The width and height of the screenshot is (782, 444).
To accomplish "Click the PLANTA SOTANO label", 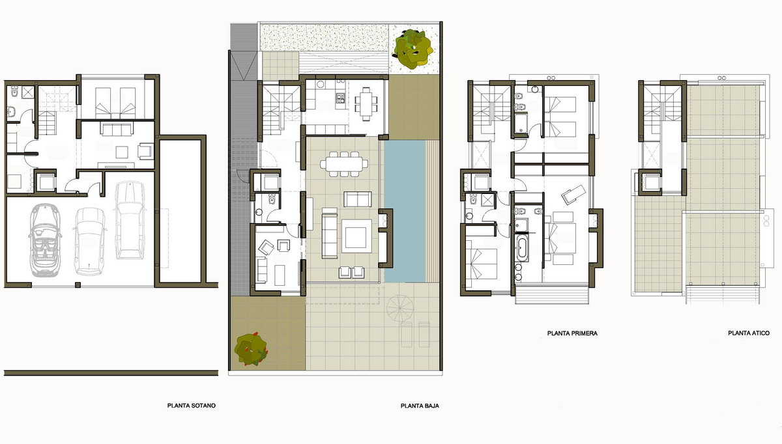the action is [x=192, y=406].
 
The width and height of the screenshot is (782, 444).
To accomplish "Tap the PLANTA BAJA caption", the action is [x=420, y=406].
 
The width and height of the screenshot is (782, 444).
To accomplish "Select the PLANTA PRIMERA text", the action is [x=572, y=333].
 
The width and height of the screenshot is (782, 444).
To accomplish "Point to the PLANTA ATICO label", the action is [x=749, y=333].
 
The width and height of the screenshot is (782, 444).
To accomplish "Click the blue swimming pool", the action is [x=405, y=212].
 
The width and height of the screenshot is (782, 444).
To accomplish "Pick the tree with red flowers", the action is [x=251, y=349].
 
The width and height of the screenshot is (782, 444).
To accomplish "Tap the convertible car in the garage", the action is [x=45, y=240].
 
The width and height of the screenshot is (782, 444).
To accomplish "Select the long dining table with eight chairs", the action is [x=344, y=163].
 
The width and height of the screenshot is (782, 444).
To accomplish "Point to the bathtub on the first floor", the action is [x=523, y=248].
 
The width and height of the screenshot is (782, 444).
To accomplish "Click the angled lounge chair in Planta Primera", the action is [x=573, y=194].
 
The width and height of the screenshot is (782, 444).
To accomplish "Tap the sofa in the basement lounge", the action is [x=117, y=129].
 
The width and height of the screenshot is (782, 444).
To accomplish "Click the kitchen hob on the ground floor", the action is [x=340, y=98].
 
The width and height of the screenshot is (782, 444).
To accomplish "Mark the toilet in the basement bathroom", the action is [x=14, y=91].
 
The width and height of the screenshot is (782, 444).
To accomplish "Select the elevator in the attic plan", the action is [x=650, y=182].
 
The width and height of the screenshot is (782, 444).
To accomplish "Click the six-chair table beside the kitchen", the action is [x=366, y=104].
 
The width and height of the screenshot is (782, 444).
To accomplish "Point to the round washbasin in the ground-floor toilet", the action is [x=259, y=212].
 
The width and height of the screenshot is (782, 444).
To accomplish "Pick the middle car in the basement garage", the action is [x=90, y=242].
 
